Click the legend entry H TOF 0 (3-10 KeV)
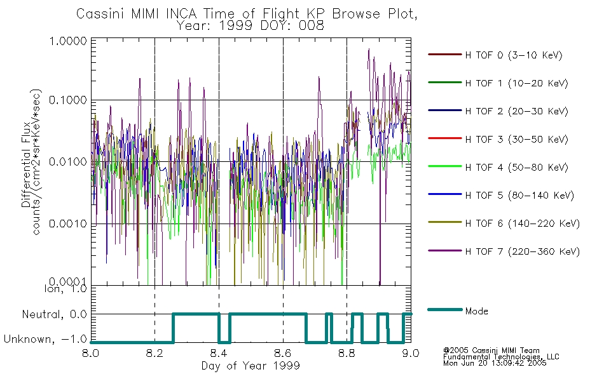pos(514,55)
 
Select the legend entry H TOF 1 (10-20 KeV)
pos(516,83)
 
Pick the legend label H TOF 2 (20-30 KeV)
pos(516,111)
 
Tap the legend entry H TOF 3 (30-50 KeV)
pos(516,139)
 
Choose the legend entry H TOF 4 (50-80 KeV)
pos(516,168)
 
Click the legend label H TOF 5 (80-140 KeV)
pos(519,196)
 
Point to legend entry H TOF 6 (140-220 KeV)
pos(522,224)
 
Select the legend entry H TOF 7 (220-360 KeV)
pos(522,251)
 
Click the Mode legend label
pos(476,311)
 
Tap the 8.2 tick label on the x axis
pos(155,353)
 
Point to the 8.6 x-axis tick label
pos(283,353)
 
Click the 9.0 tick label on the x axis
pos(411,353)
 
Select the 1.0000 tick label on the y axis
pos(68,41)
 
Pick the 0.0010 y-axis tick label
pos(68,224)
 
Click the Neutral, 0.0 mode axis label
pos(54,314)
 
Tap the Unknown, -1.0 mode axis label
pos(45,339)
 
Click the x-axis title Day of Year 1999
pos(251,366)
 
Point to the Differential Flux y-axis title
pos(26,164)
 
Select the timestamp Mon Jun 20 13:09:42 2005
pos(495,363)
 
